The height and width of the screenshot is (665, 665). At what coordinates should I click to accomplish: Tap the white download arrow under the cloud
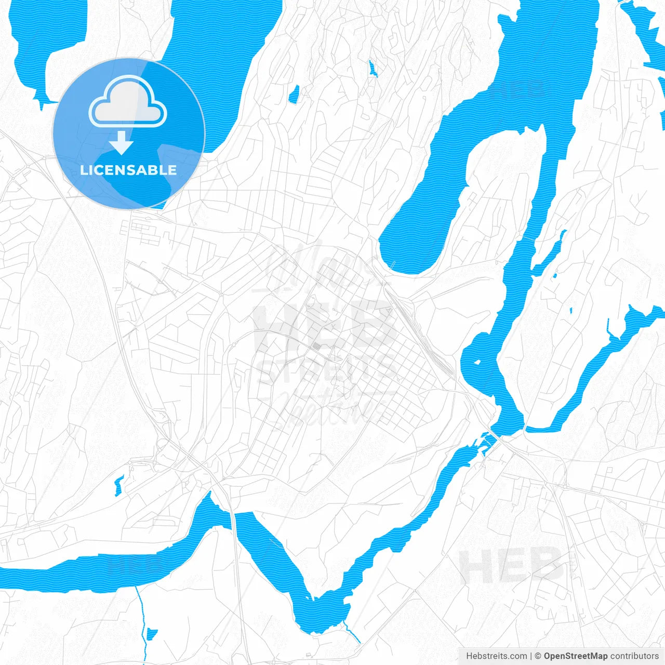coord(122,143)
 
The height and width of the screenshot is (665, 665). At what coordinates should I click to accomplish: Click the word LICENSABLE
coord(128,170)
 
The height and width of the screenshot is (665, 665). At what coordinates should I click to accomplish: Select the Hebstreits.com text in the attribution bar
coord(496,656)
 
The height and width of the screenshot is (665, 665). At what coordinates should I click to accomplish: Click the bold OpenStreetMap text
coord(575,656)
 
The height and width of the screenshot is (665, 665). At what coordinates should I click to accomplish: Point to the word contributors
coord(634,656)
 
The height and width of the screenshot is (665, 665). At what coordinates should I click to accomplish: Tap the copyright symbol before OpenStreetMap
coord(538,656)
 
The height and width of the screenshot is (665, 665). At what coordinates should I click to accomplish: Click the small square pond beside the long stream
coord(152,633)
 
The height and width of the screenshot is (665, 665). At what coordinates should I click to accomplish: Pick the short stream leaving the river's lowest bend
coord(352,633)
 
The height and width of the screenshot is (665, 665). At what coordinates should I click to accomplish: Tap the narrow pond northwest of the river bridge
coord(119,484)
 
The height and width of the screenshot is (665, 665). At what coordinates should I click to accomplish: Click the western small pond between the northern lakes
coord(294,94)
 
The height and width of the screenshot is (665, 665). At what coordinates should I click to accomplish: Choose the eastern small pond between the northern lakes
coord(372,69)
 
